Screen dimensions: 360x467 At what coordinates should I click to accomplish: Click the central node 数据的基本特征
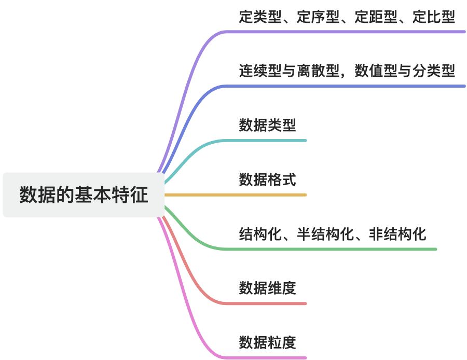(x=84, y=195)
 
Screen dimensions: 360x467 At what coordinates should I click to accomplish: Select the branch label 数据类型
(x=267, y=125)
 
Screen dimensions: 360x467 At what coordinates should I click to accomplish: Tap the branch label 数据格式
(x=267, y=179)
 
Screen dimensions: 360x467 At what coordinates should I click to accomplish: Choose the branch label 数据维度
(x=267, y=288)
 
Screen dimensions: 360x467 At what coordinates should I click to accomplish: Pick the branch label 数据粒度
(x=267, y=342)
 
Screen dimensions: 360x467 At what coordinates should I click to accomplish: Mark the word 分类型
(x=434, y=71)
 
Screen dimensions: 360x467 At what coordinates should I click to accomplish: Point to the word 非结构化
(x=397, y=234)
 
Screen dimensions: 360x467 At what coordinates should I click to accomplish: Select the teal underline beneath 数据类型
(x=259, y=141)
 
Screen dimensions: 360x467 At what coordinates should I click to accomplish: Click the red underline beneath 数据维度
(x=259, y=303)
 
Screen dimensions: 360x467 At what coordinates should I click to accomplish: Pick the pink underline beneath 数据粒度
(x=259, y=358)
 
